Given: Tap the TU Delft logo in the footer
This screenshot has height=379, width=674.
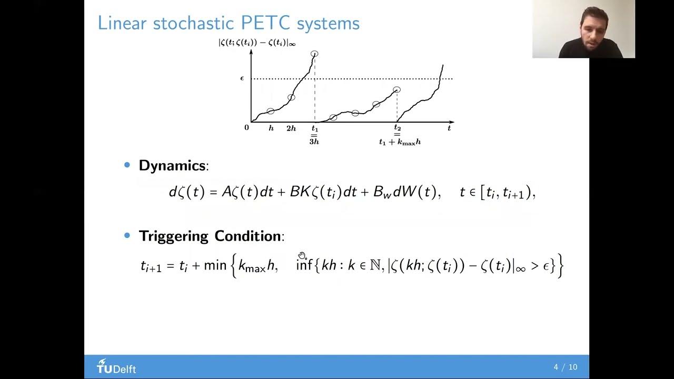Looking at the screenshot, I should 116,367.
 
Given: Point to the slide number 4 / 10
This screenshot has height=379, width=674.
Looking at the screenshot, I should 565,367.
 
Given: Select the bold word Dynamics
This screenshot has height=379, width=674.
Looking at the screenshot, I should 172,165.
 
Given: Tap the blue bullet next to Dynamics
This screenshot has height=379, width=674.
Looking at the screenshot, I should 127,165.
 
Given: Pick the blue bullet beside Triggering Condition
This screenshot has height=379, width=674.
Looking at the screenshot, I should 127,235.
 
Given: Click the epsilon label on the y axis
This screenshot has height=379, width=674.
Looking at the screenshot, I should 242,78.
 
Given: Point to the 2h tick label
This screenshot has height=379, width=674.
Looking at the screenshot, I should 291,128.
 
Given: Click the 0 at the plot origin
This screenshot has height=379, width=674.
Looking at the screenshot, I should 246,127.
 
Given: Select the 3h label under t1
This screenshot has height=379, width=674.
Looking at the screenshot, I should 314,142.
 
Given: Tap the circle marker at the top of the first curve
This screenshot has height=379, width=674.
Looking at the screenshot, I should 314,54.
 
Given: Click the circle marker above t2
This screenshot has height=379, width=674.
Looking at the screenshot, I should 397,90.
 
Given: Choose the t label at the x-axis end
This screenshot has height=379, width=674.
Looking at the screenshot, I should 449,128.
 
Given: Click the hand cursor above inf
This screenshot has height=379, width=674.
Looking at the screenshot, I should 302,256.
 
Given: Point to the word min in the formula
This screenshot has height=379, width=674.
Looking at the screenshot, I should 215,265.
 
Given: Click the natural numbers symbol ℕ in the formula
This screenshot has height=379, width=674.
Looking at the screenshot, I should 375,265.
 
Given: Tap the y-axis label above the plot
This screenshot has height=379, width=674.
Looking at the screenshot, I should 257,43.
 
